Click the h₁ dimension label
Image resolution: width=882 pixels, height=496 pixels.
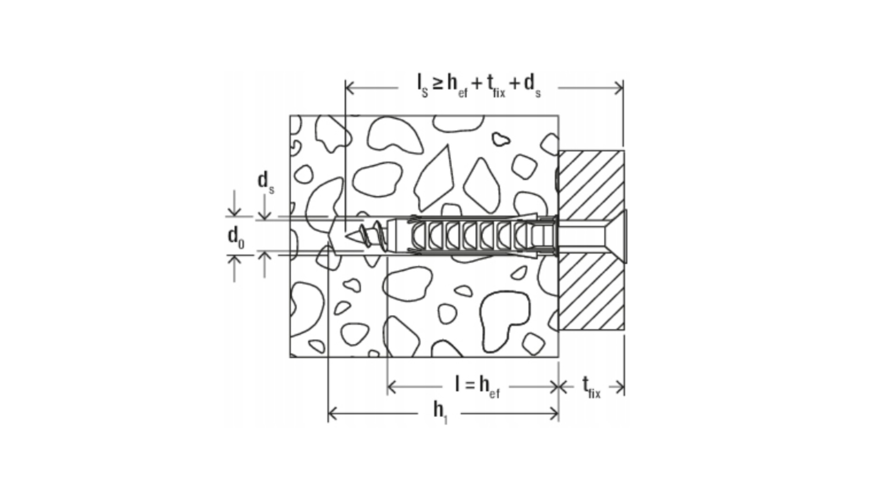tap(440, 412)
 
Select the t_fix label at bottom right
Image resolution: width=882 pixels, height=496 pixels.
tap(592, 387)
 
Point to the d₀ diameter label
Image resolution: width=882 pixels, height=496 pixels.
tap(236, 238)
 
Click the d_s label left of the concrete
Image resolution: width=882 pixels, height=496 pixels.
tap(265, 182)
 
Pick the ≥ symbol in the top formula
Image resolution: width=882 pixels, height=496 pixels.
tap(437, 84)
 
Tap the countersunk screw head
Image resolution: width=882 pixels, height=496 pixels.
tap(616, 236)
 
